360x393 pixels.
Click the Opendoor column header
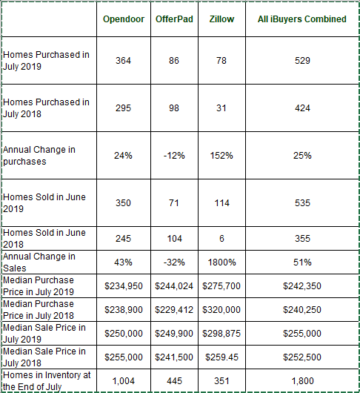click(x=124, y=19)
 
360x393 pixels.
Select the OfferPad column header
click(x=174, y=19)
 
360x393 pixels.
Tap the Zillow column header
click(x=221, y=19)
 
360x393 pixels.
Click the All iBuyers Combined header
click(x=302, y=19)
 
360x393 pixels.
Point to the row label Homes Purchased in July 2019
click(x=46, y=60)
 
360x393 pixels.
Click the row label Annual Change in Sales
click(x=39, y=262)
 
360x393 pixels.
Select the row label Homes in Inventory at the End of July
click(x=47, y=380)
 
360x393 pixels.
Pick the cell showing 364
click(x=123, y=60)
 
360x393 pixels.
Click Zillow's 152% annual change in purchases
click(x=221, y=156)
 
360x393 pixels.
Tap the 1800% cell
click(x=221, y=262)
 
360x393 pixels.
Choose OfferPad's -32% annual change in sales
click(x=174, y=262)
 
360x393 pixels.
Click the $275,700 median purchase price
click(x=221, y=286)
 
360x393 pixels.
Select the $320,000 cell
click(x=221, y=309)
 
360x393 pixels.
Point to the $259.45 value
click(x=221, y=357)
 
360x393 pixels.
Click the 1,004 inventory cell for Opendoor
click(x=124, y=380)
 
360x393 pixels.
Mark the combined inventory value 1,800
click(x=302, y=380)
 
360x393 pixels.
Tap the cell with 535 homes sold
click(x=302, y=202)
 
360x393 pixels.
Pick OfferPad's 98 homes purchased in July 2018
click(x=174, y=108)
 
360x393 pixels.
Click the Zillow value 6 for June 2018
click(x=221, y=238)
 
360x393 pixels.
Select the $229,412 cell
click(x=174, y=309)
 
